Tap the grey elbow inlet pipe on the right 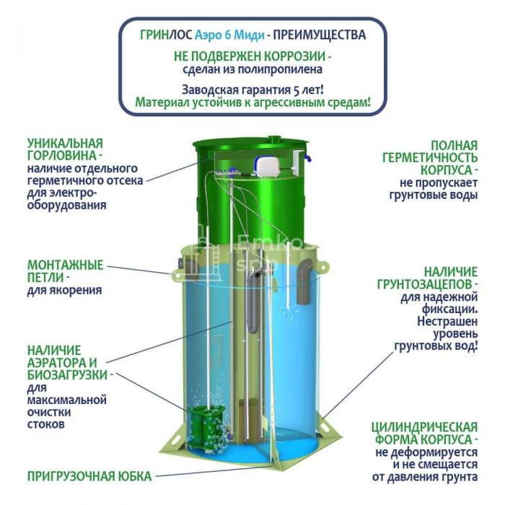[x=305, y=281]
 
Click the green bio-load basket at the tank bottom [x=206, y=425]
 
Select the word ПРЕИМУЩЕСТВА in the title [x=320, y=35]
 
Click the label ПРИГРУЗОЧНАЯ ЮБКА [x=89, y=476]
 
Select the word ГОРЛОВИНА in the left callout [x=61, y=156]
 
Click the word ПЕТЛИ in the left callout [x=45, y=278]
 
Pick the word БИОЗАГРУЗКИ [x=67, y=375]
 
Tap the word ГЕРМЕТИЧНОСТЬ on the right [x=430, y=158]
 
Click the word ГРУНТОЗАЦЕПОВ [x=424, y=284]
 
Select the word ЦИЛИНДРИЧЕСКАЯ [x=424, y=427]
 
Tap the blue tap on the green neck [x=309, y=158]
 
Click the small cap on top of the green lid [x=274, y=139]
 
